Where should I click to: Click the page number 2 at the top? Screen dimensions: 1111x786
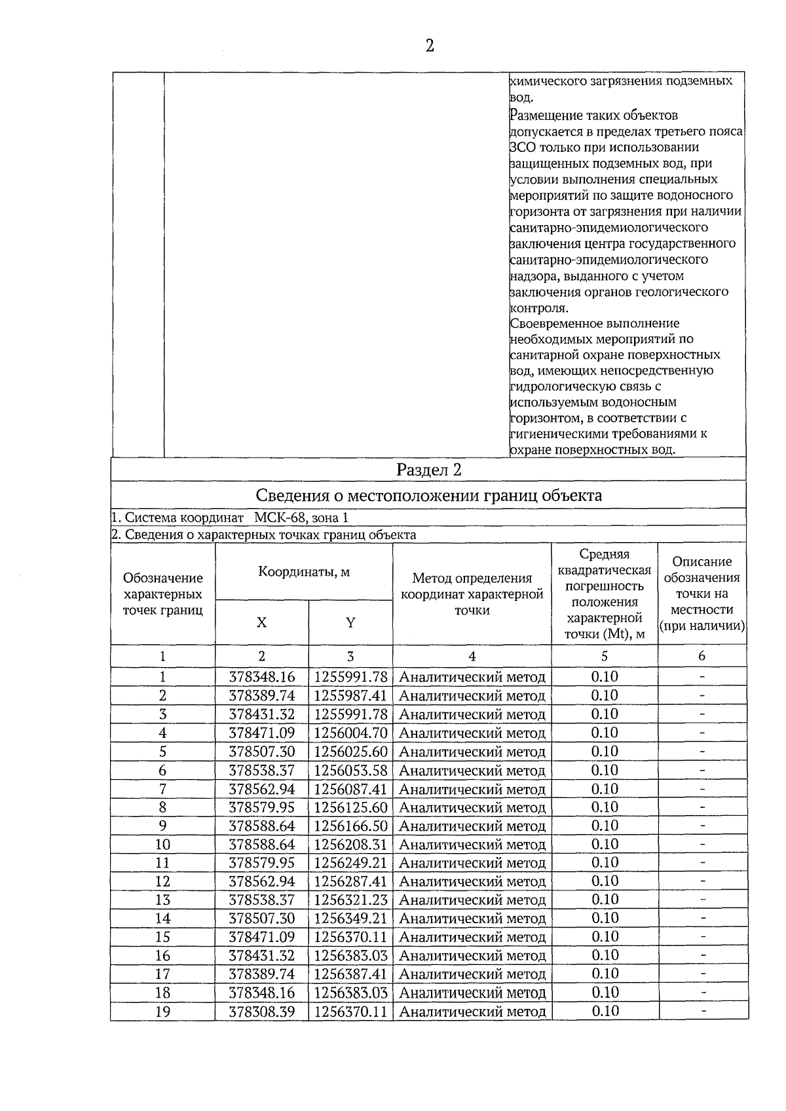[430, 46]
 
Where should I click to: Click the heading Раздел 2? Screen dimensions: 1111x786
[429, 469]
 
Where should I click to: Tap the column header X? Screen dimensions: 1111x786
[261, 623]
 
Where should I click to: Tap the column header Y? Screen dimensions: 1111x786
[350, 623]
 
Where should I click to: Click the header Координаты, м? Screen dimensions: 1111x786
[304, 572]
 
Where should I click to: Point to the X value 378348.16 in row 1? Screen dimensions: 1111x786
[261, 677]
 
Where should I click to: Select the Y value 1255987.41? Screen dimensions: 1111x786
[350, 695]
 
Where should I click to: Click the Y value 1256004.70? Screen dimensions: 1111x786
[350, 733]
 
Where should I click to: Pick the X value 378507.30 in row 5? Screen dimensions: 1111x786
[261, 752]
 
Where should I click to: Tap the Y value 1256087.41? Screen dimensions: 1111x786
[350, 789]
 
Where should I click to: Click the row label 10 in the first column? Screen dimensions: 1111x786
[162, 845]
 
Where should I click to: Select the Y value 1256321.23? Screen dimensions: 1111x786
[350, 900]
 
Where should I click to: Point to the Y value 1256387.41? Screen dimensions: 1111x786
[350, 974]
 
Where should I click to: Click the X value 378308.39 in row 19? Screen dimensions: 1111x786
[261, 1011]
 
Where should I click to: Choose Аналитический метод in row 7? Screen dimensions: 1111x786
[472, 789]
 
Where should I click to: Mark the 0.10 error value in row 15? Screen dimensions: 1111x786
[605, 937]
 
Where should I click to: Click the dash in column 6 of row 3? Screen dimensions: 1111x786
[702, 714]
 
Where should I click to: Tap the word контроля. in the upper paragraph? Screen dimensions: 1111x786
[538, 308]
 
